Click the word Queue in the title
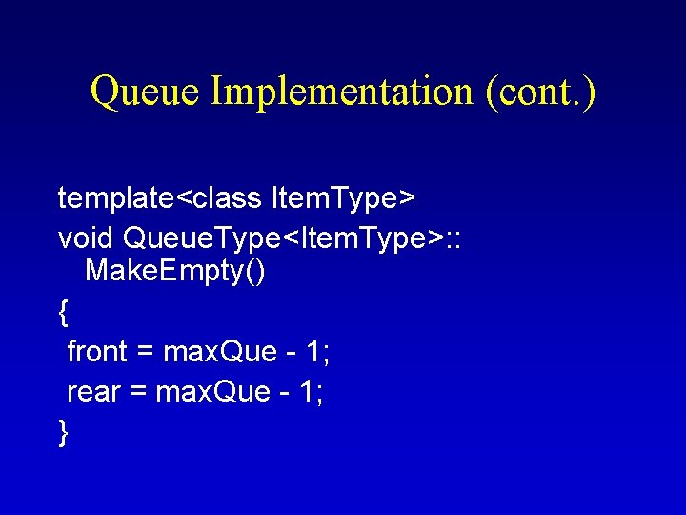click(x=145, y=93)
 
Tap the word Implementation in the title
click(x=341, y=93)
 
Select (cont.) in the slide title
click(x=539, y=93)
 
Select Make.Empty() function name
click(x=175, y=272)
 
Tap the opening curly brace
click(x=63, y=311)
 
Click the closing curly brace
click(x=63, y=432)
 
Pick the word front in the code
click(x=97, y=352)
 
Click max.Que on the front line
click(x=215, y=352)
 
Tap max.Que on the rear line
click(x=208, y=392)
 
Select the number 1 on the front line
click(x=315, y=352)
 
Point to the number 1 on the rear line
click(x=308, y=392)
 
